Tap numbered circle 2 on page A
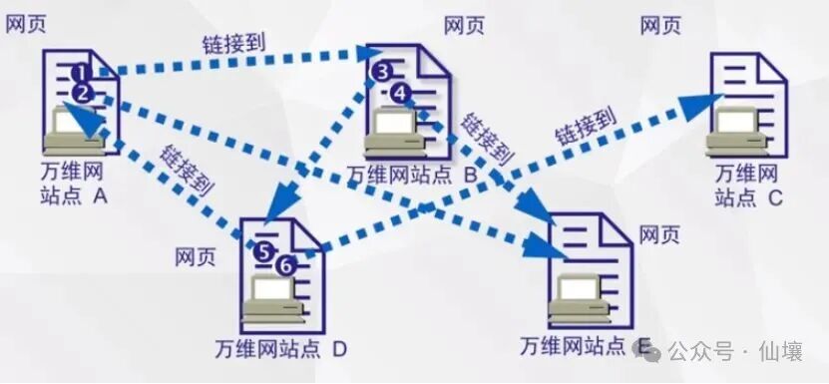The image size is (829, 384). tap(83, 93)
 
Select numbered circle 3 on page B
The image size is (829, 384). tap(380, 72)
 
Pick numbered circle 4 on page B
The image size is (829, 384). tap(399, 93)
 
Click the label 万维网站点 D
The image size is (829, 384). tap(280, 349)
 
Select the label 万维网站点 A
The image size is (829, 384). tap(71, 186)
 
